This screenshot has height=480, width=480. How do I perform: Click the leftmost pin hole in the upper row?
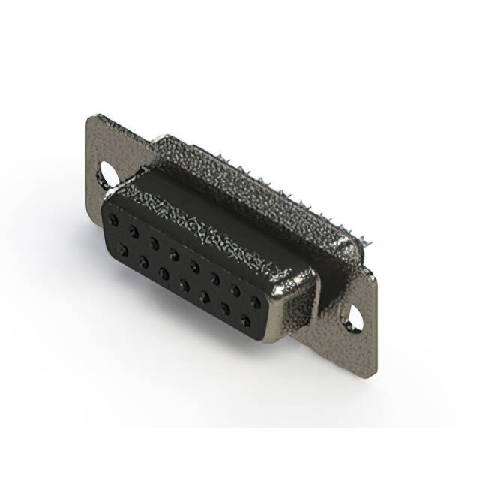[113, 220]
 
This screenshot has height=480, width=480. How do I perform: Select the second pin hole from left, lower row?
[142, 261]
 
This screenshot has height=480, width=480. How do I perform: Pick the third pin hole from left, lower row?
[163, 272]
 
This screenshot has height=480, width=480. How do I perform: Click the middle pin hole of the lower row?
[183, 284]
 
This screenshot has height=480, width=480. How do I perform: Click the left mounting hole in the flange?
[108, 174]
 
